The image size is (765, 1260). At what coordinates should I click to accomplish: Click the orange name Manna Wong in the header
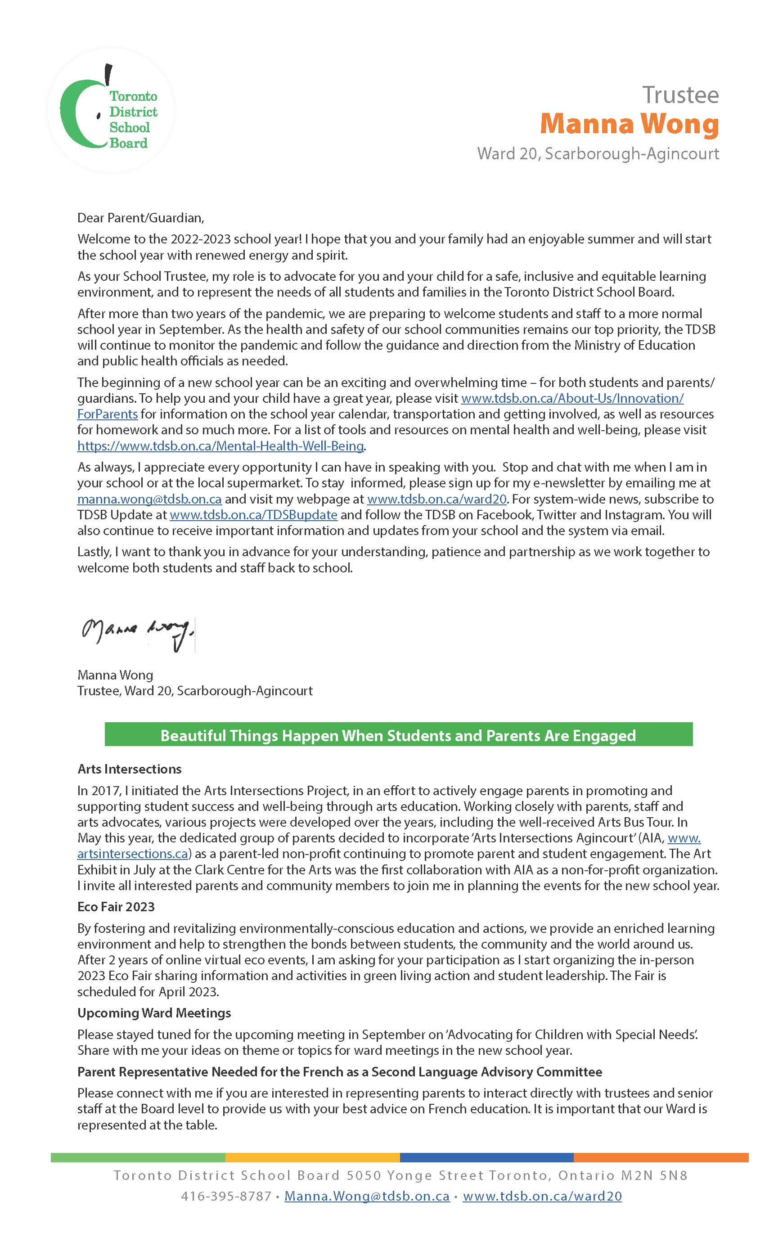[x=629, y=124]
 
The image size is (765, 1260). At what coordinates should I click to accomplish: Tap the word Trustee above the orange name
[x=680, y=95]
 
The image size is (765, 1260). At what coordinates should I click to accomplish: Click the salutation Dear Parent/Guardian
[x=140, y=218]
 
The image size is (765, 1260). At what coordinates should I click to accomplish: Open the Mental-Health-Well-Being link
[x=220, y=446]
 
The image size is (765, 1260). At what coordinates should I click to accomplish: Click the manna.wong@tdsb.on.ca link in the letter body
[x=149, y=499]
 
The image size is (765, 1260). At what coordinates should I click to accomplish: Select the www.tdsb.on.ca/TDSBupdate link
[x=253, y=515]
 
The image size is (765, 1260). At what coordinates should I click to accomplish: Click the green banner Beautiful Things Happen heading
[x=398, y=735]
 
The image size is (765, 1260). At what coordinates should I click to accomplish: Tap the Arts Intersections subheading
[x=130, y=769]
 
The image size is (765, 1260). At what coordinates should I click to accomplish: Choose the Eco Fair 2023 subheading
[x=116, y=907]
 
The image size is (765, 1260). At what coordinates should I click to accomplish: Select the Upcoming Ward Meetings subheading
[x=154, y=1013]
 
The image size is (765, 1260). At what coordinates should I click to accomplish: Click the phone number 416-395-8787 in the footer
[x=226, y=1197]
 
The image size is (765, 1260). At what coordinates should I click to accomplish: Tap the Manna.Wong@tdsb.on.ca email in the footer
[x=367, y=1197]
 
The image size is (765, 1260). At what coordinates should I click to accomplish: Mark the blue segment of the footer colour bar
[x=486, y=1158]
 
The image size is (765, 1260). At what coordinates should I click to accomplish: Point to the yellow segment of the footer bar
[x=312, y=1158]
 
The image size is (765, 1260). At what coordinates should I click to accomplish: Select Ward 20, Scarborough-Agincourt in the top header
[x=598, y=153]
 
